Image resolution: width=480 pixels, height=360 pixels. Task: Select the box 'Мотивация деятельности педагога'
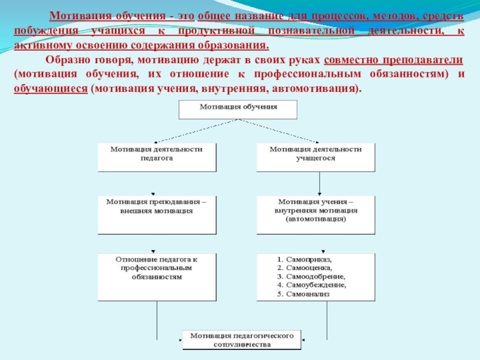pos(158,157)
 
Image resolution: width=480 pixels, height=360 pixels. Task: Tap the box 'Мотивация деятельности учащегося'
pos(316,157)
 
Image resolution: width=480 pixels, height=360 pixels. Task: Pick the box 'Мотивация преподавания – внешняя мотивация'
pos(157,214)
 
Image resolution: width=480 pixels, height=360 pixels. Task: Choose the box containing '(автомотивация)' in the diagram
pos(317,214)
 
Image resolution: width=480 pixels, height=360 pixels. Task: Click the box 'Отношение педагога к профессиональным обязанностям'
pos(157,276)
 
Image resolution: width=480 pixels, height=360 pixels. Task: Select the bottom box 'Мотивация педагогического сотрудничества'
pos(241,340)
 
